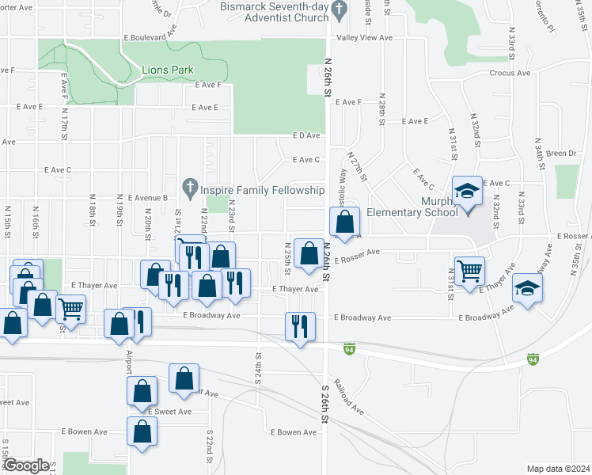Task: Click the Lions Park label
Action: [167, 70]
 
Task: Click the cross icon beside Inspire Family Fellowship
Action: [190, 190]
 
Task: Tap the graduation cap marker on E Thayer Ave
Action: [527, 290]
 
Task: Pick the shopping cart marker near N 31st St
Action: [469, 272]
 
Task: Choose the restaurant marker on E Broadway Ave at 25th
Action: [300, 327]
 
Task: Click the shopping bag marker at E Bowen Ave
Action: [142, 432]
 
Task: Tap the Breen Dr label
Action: [560, 154]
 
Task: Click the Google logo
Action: [26, 465]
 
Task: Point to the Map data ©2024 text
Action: [558, 469]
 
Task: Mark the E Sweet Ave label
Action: [169, 412]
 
